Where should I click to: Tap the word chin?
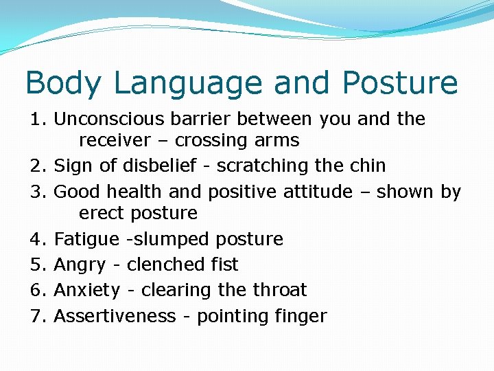367,166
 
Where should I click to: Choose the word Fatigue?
80,239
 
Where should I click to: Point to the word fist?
224,265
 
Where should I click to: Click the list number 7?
37,316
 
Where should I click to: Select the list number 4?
37,239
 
